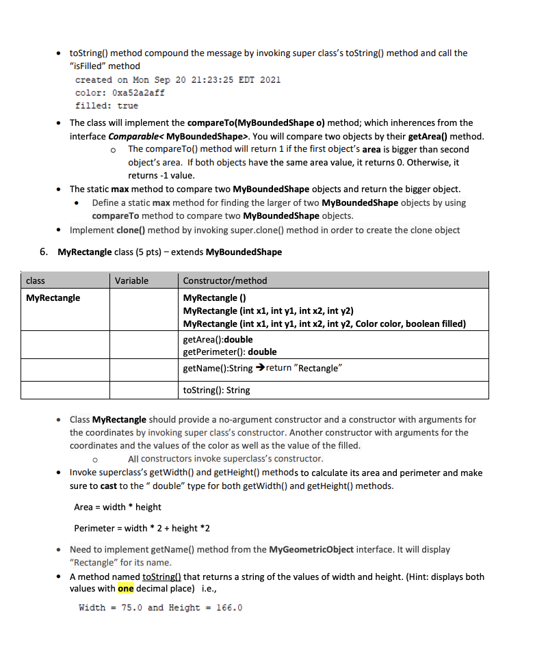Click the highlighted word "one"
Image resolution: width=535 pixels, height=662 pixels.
(126, 589)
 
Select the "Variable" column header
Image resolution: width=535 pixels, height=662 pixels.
(131, 280)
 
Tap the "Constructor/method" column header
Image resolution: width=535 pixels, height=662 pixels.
(225, 280)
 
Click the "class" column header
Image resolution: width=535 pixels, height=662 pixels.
(35, 280)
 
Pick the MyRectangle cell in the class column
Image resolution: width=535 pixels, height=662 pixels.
(53, 298)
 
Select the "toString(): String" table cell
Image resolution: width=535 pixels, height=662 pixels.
(217, 390)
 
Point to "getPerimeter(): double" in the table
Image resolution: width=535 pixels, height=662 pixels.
(230, 352)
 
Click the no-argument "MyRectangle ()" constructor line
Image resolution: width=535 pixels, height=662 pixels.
(215, 298)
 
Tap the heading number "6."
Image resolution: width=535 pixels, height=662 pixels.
(44, 252)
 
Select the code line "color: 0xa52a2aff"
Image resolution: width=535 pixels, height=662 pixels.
(120, 92)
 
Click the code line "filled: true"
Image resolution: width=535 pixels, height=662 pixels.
(106, 105)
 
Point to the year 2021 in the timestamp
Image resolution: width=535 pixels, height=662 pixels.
(270, 79)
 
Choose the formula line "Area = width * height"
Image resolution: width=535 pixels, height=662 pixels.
(118, 507)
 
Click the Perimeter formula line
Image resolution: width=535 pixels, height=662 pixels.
(142, 528)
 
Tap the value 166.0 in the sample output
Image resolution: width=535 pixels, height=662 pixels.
(229, 607)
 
